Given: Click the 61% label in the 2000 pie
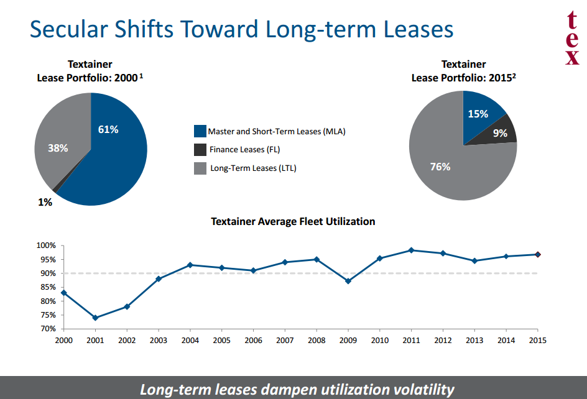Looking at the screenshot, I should pyautogui.click(x=108, y=129).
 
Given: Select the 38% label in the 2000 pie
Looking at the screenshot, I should pyautogui.click(x=58, y=148).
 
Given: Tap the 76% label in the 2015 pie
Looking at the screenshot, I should pyautogui.click(x=440, y=167).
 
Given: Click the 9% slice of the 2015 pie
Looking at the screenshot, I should pyautogui.click(x=500, y=132).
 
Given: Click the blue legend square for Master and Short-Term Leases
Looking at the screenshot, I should pyautogui.click(x=200, y=131).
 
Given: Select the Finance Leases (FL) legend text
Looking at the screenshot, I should pyautogui.click(x=245, y=149).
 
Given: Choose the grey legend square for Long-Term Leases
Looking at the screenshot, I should pyautogui.click(x=200, y=168).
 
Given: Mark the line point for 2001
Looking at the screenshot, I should pyautogui.click(x=95, y=318).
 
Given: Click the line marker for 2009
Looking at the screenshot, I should pyautogui.click(x=348, y=281).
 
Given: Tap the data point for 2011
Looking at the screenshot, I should pyautogui.click(x=411, y=250).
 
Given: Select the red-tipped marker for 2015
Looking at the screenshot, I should pyautogui.click(x=538, y=254).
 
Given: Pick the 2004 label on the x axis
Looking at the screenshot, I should pyautogui.click(x=190, y=341).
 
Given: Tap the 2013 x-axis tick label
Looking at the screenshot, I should pyautogui.click(x=474, y=341).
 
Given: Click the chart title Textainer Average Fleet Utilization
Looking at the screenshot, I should pyautogui.click(x=293, y=221).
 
